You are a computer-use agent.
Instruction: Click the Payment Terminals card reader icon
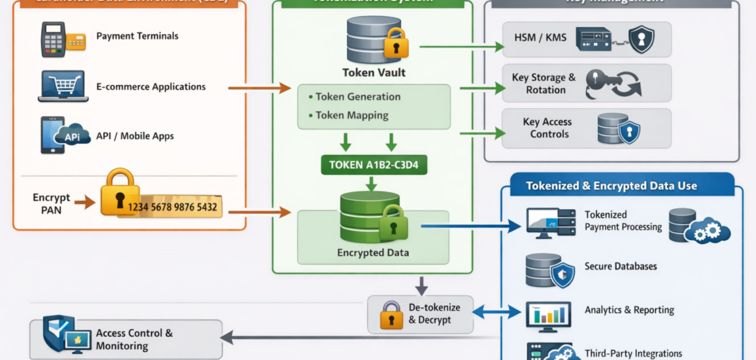tap(63, 39)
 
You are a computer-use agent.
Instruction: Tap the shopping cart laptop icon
tap(63, 86)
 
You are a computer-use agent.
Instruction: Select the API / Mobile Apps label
tap(135, 136)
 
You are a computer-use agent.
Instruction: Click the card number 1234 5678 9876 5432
tap(172, 207)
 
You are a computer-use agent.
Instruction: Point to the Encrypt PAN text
tap(51, 204)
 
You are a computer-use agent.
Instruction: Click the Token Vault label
tap(373, 73)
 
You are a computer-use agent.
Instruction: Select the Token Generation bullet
tap(358, 96)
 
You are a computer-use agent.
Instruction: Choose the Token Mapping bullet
tap(351, 115)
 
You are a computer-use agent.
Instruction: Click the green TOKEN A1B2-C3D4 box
tap(373, 165)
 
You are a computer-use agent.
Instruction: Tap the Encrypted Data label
tap(373, 253)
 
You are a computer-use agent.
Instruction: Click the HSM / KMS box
tap(587, 39)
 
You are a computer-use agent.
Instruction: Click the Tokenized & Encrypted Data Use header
tap(611, 186)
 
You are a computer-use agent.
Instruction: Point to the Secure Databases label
tap(621, 266)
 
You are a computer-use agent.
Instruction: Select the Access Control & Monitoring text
tap(134, 340)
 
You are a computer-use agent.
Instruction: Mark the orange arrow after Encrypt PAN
tap(85, 202)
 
